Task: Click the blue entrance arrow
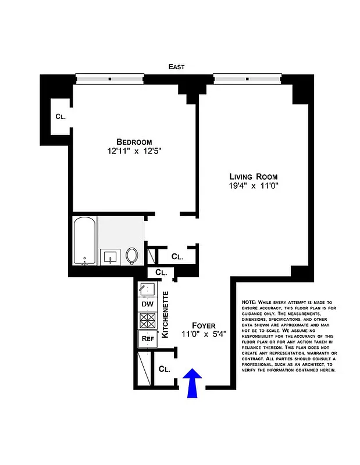pos(193,384)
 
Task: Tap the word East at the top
pos(176,67)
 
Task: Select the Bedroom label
pos(134,142)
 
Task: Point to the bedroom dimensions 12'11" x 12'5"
pos(134,152)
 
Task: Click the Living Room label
pos(253,177)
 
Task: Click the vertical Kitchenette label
pos(165,314)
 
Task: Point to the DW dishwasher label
pos(147,303)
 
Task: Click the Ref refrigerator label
pos(147,338)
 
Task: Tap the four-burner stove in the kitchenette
pos(147,320)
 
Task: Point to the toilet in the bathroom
pos(132,255)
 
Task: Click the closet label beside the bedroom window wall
pos(60,116)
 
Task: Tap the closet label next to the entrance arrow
pos(164,369)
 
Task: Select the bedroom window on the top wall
pos(110,77)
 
